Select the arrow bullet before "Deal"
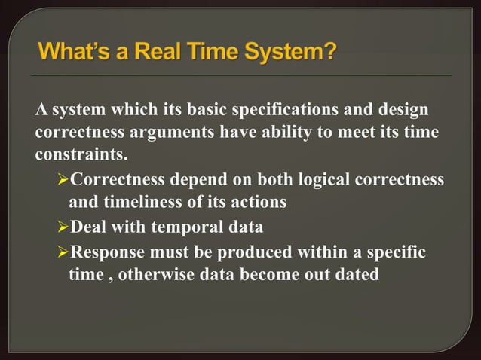(x=63, y=227)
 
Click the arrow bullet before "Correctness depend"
(x=63, y=181)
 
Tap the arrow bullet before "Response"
(x=63, y=250)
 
